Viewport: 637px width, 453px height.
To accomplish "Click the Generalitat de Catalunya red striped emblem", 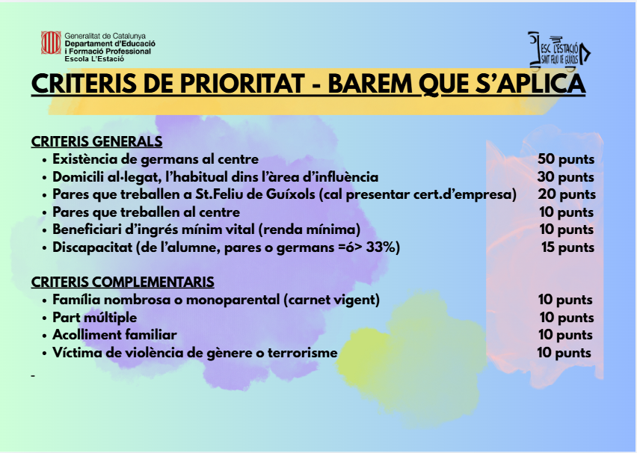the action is (x=51, y=43).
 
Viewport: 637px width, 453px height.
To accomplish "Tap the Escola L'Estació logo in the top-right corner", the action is (x=559, y=50).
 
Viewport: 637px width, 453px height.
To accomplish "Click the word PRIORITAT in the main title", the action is (x=242, y=84).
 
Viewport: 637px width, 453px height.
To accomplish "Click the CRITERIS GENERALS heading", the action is (x=96, y=141).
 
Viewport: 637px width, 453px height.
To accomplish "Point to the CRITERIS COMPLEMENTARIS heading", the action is (x=123, y=282).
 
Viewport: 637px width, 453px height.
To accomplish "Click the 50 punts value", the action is (x=566, y=159).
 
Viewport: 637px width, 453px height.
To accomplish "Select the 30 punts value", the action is (x=566, y=176).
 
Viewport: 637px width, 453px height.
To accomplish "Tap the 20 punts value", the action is (x=567, y=194).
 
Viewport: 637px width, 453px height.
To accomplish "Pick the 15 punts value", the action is (x=567, y=247).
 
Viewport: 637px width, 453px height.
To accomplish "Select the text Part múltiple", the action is (x=95, y=317).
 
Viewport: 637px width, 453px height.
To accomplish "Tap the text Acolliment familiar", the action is (x=114, y=335).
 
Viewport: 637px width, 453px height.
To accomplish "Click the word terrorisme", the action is (x=302, y=352).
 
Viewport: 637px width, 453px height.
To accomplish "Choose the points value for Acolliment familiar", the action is (x=565, y=335).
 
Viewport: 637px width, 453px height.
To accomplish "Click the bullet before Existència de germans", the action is (x=44, y=160).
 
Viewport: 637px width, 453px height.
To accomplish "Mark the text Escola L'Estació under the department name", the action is (x=94, y=59).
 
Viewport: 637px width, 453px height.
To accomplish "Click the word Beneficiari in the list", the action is (x=87, y=229).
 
